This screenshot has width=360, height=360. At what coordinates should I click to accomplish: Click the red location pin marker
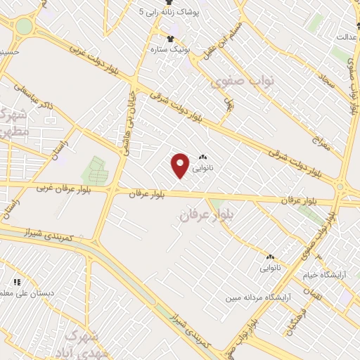click(181, 165)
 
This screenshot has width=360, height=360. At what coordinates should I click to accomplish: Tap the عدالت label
click(347, 36)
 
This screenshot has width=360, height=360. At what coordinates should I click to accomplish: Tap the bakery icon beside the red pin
click(203, 158)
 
